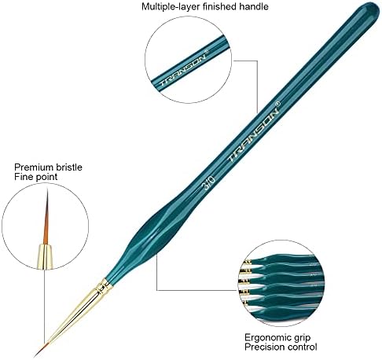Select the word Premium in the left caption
[31, 167]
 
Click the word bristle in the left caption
[65, 167]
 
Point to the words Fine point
[35, 177]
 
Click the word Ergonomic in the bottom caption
[265, 338]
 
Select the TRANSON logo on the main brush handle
[253, 135]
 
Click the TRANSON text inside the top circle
[182, 70]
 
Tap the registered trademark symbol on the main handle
[278, 104]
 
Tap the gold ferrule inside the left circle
[45, 256]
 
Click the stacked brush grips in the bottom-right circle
[281, 284]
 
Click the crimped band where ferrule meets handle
[105, 285]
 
